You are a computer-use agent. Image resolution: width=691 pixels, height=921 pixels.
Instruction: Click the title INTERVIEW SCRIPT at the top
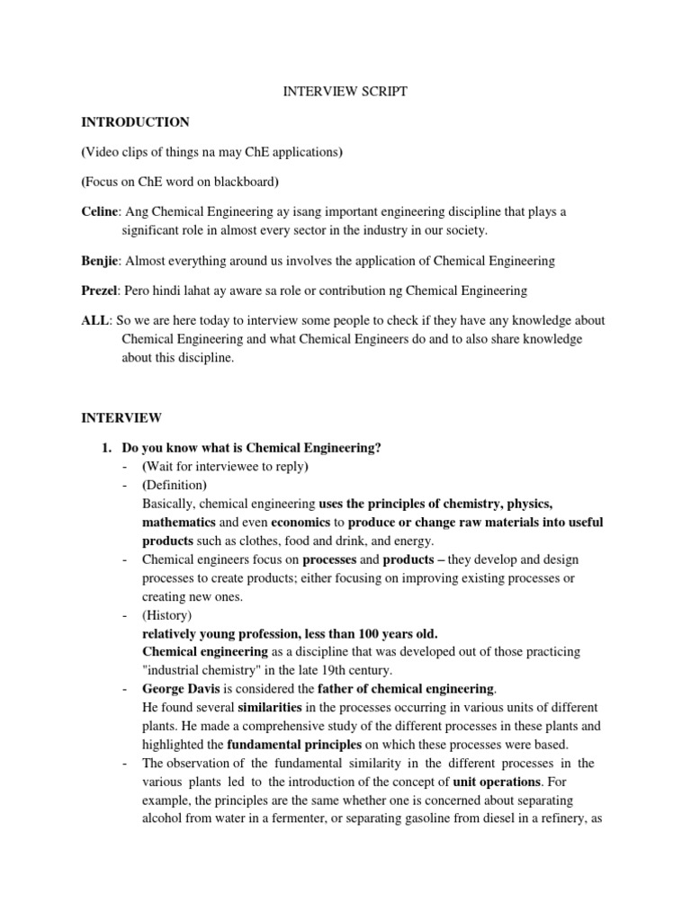pyautogui.click(x=345, y=92)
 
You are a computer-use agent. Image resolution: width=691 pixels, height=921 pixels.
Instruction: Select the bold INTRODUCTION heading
pyautogui.click(x=136, y=121)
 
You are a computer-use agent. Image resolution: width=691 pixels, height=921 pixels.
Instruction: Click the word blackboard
pyautogui.click(x=244, y=181)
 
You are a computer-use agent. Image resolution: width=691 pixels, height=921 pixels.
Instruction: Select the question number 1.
pyautogui.click(x=105, y=448)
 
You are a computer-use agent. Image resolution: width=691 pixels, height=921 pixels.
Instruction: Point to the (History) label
pyautogui.click(x=168, y=615)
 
